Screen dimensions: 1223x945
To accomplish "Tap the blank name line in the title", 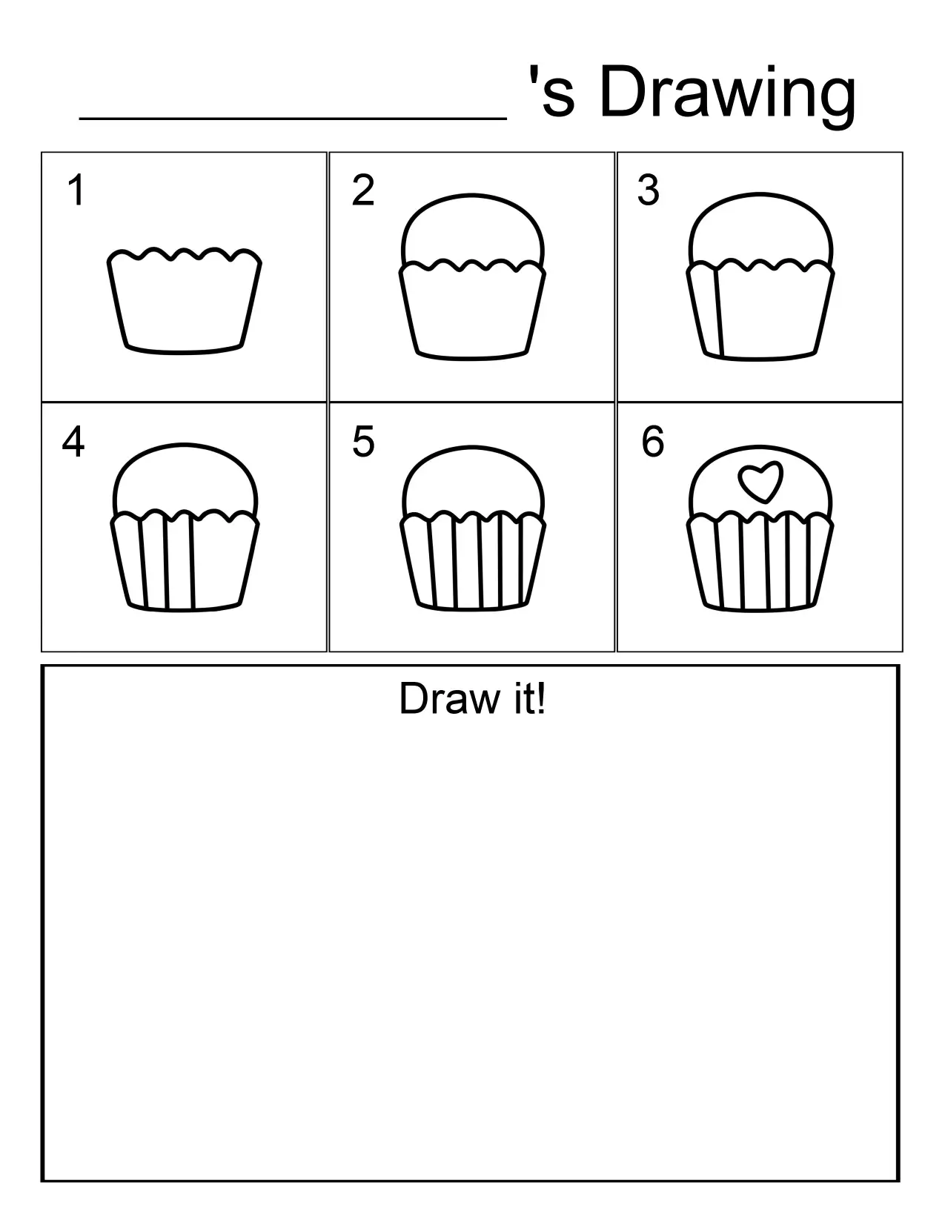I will pyautogui.click(x=293, y=115).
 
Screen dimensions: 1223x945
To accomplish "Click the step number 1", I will pyautogui.click(x=76, y=190).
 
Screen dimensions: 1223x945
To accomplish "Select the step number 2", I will pyautogui.click(x=363, y=190).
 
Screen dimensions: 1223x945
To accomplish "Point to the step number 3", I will pyautogui.click(x=649, y=190).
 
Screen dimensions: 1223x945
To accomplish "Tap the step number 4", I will pyautogui.click(x=73, y=442).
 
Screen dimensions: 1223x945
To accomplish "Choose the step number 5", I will pyautogui.click(x=363, y=442).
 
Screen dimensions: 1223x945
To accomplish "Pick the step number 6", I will pyautogui.click(x=653, y=442).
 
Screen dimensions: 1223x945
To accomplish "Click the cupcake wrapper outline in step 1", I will pyautogui.click(x=184, y=304).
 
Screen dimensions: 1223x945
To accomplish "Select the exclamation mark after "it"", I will pyautogui.click(x=542, y=699).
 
